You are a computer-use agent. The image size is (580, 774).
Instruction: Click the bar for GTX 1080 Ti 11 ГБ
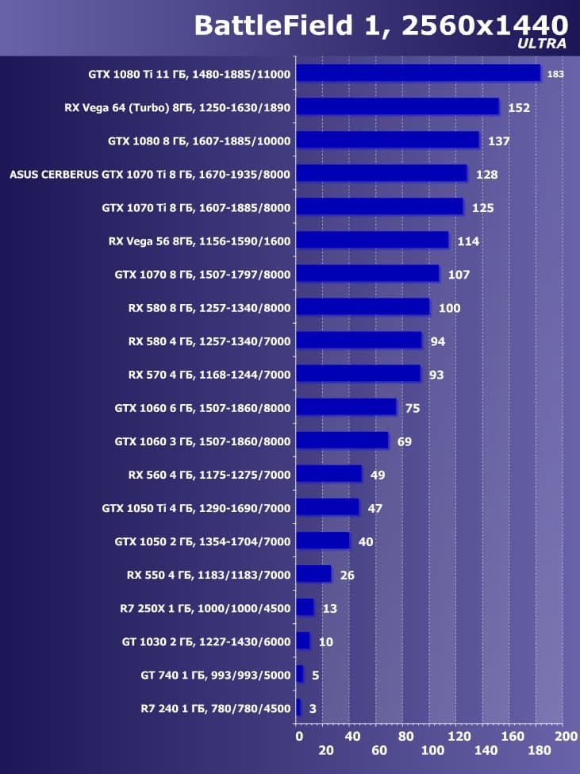pos(417,74)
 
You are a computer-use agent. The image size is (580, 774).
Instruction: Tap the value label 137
pos(499,141)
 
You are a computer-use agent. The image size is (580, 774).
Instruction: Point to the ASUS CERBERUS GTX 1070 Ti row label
pos(150,175)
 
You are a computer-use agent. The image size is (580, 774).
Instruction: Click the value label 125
pos(482,208)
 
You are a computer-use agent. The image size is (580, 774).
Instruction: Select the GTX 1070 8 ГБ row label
pos(203,275)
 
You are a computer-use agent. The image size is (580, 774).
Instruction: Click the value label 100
pos(449,308)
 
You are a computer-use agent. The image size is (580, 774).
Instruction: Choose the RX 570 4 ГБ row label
pos(209,375)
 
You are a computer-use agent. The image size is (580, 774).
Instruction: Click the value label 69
pos(404,441)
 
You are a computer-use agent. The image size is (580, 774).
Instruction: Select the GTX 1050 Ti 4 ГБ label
pos(197,508)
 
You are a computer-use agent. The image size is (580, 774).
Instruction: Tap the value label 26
pos(347,575)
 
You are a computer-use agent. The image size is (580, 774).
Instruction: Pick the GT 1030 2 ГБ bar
pos(302,641)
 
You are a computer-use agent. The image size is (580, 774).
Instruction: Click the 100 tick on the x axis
pos(433,750)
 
